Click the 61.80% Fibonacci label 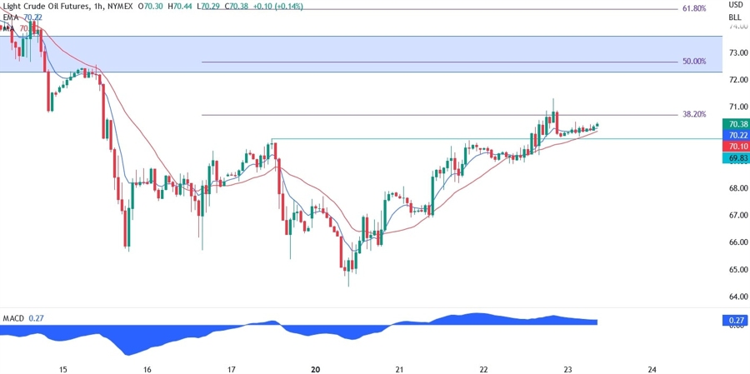[x=693, y=8]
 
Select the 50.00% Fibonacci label [x=693, y=62]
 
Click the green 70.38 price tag [x=737, y=124]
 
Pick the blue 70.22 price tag [x=737, y=135]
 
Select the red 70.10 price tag [x=737, y=146]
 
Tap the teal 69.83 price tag [x=737, y=157]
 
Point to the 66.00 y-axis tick [x=737, y=242]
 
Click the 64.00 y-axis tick [x=737, y=297]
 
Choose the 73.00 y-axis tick [x=737, y=52]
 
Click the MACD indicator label [x=13, y=317]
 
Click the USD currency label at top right [x=735, y=6]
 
